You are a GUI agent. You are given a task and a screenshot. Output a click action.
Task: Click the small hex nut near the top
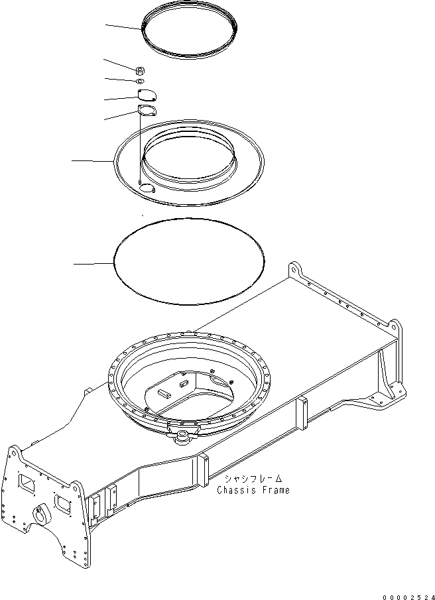pos(141,69)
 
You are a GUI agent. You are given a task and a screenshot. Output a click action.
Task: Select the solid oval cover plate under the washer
pos(147,95)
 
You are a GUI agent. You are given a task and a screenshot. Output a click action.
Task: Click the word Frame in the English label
pos(274,490)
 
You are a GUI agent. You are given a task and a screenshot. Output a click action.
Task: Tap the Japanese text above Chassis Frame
pos(253,478)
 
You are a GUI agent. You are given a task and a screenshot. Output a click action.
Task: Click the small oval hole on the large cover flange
pos(146,190)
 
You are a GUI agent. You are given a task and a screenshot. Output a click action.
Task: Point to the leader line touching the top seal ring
pos(123,27)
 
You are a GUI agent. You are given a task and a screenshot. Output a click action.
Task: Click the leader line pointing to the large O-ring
pos(93,264)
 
